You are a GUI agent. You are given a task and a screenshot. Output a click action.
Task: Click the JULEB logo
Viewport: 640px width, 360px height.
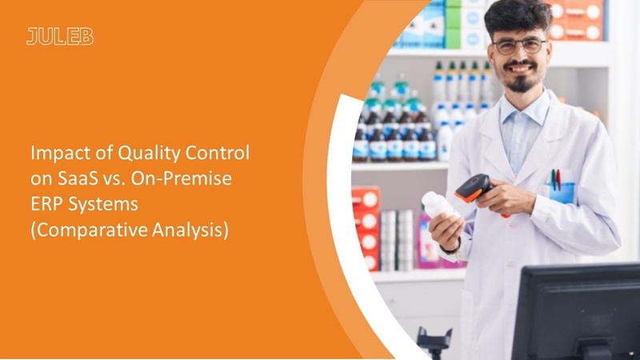coord(60,36)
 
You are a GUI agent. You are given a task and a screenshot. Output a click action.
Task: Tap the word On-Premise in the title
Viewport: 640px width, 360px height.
coord(182,178)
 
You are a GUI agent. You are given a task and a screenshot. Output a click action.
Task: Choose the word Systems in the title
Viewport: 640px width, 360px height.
coord(103,205)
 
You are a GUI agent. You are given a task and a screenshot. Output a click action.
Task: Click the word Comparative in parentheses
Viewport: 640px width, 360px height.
coord(89,230)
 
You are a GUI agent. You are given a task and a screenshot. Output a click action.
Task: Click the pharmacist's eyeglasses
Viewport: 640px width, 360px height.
coord(518,46)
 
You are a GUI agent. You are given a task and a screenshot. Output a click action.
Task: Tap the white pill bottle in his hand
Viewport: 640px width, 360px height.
coord(439,206)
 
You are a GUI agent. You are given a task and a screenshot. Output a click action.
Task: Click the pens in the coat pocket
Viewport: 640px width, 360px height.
coord(556,179)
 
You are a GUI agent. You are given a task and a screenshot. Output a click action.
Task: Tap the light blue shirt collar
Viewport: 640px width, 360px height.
coord(524,109)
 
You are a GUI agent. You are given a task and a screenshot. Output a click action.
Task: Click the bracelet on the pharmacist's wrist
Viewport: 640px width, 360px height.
coord(452,249)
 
